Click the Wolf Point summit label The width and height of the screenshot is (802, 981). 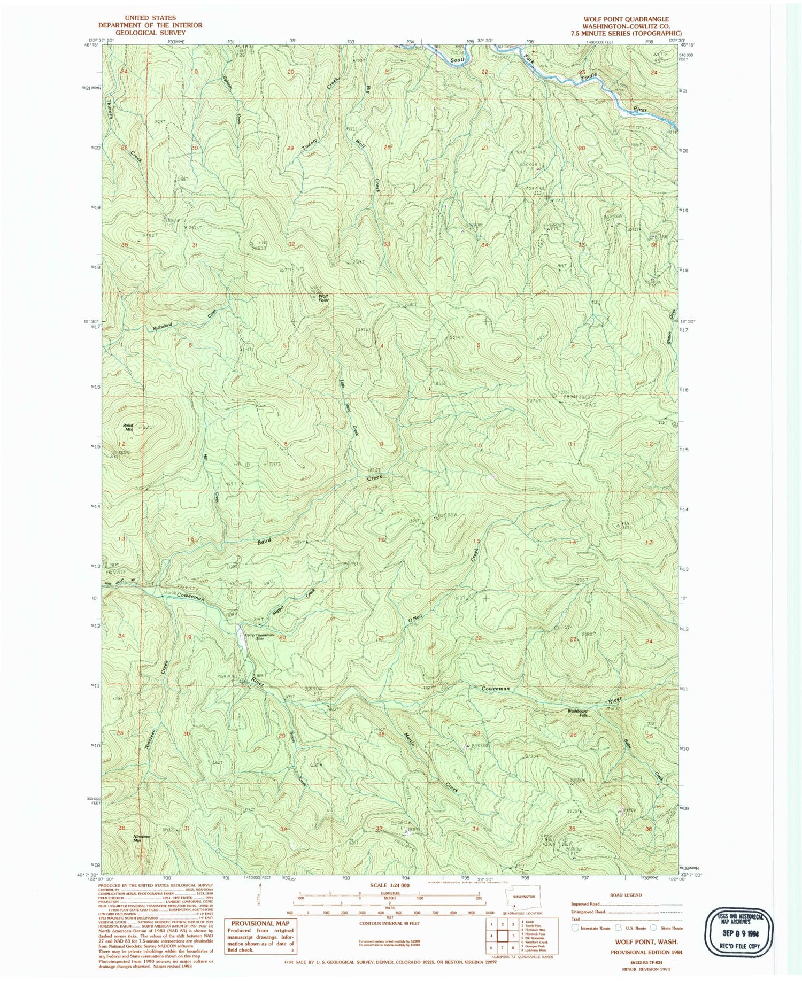pyautogui.click(x=323, y=297)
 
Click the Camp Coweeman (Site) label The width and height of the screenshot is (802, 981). pyautogui.click(x=259, y=636)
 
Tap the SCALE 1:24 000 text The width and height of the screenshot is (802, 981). pyautogui.click(x=389, y=885)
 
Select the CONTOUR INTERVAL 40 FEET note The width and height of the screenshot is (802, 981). pyautogui.click(x=389, y=923)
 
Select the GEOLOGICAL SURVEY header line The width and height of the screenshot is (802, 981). pyautogui.click(x=150, y=32)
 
